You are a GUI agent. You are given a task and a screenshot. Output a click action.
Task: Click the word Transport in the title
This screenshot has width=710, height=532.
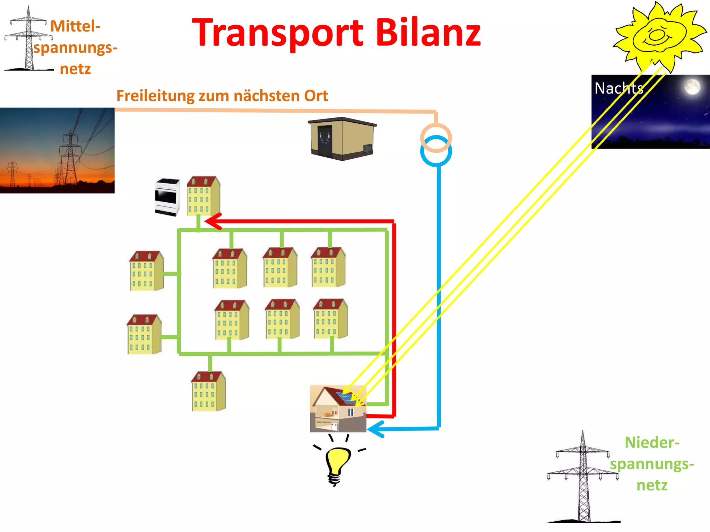tap(277, 33)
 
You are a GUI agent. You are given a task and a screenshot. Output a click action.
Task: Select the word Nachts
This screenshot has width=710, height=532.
tap(619, 88)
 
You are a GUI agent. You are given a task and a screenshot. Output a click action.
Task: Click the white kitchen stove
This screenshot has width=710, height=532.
tap(167, 197)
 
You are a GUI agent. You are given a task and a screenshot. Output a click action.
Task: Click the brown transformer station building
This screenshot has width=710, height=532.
tap(341, 139)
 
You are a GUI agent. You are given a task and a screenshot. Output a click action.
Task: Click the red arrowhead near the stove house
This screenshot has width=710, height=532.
tap(212, 221)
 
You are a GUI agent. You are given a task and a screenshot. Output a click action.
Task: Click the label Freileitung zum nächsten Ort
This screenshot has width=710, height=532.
tap(222, 96)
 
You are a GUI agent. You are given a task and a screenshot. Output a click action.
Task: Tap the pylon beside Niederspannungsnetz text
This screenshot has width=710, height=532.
tap(583, 478)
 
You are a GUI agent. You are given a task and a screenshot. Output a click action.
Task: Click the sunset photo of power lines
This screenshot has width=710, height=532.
tap(57, 150)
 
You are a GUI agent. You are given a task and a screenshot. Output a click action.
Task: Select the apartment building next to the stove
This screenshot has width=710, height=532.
tap(203, 196)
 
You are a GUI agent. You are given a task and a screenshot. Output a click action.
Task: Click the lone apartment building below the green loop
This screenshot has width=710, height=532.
tap(208, 391)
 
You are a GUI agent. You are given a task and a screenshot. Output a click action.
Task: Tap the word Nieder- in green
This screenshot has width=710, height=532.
tap(652, 443)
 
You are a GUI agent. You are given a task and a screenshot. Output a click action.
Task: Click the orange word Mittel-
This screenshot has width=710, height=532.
tap(75, 26)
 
